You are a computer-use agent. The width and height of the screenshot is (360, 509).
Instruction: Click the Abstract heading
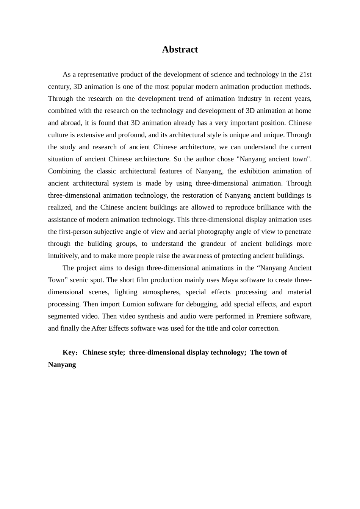tap(180, 50)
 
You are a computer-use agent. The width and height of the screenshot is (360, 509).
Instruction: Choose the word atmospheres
tap(161, 292)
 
